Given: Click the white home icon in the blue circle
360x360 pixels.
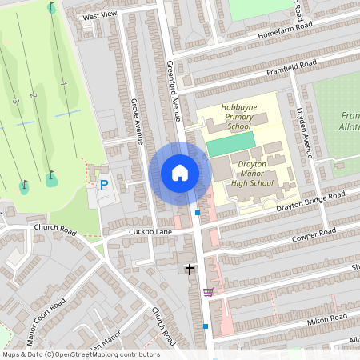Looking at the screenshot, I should (179, 173).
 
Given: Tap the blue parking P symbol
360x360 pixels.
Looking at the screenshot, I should (103, 184).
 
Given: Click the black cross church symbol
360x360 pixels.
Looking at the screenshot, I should (190, 270).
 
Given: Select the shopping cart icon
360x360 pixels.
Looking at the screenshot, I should (209, 292).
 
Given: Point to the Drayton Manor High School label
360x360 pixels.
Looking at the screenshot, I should (257, 173).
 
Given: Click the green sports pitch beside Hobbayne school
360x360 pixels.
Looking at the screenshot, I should (231, 144).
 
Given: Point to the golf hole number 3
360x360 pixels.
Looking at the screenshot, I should (15, 102).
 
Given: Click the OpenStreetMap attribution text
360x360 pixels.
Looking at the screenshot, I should (80, 354).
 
